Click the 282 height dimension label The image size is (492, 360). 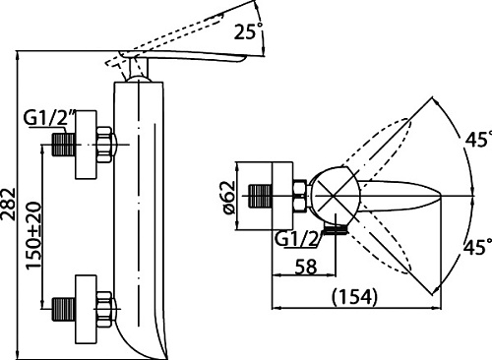coord(8,204)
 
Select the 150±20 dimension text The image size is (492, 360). coord(33,236)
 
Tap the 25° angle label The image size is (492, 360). coord(249,31)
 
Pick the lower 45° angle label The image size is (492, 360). coord(477,247)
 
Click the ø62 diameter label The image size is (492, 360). coord(229,198)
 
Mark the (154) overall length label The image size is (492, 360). coord(354,297)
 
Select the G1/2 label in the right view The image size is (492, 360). coord(297,239)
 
